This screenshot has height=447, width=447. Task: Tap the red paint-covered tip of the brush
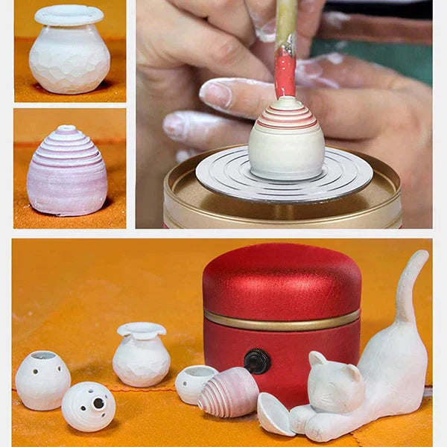coord(285,74)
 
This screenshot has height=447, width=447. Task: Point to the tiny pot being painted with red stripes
coord(286,142)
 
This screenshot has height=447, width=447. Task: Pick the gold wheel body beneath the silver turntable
coord(283,212)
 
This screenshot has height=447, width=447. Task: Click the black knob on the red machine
coord(257,361)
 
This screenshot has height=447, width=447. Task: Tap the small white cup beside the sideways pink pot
coord(195,384)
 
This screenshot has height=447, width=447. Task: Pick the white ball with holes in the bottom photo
coord(88,406)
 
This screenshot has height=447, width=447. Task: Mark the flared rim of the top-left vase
coord(69,15)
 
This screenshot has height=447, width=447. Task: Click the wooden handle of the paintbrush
coord(286,22)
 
